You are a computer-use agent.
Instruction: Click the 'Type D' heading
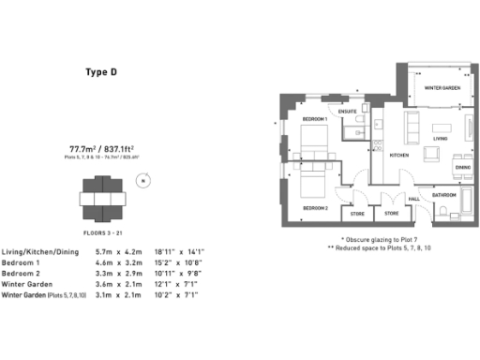coord(102,71)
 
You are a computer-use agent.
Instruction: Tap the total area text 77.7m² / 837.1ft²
coord(102,148)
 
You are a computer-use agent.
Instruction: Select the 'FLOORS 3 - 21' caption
coord(103,230)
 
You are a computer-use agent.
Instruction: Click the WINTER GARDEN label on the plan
coord(442,88)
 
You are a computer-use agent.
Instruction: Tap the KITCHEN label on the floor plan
coord(399,155)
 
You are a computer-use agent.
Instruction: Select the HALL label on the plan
coord(413,199)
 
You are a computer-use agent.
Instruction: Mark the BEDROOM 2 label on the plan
coord(314,208)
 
